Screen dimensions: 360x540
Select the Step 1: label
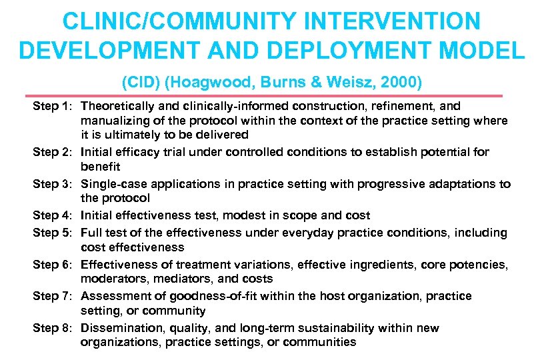pyautogui.click(x=54, y=106)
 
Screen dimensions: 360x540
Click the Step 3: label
pyautogui.click(x=54, y=184)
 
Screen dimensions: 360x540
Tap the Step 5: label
pyautogui.click(x=54, y=233)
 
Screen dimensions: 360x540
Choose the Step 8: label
pyautogui.click(x=54, y=328)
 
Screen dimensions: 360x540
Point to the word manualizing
pyautogui.click(x=113, y=121)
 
